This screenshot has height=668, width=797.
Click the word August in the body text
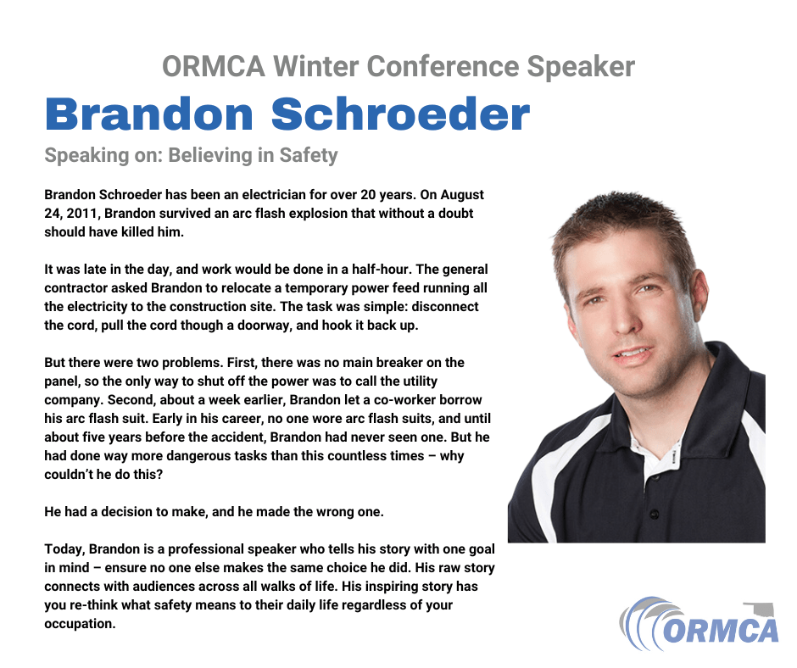[462, 195]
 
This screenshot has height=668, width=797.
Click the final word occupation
[80, 624]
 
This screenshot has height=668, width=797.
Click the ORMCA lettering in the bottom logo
[721, 631]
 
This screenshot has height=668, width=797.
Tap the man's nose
[623, 320]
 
